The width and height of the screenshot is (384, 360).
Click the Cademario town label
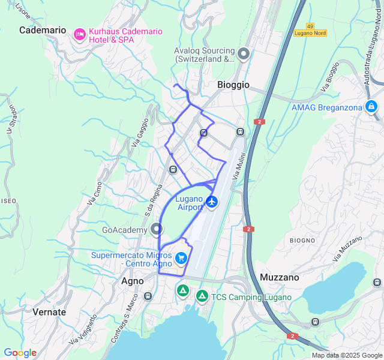point(43,30)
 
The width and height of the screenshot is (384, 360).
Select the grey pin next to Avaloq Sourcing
point(244,54)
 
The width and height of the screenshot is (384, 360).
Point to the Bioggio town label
point(233,85)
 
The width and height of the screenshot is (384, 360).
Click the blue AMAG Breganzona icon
point(371,107)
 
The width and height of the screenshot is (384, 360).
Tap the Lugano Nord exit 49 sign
point(310,30)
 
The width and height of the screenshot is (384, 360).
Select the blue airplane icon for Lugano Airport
point(212,202)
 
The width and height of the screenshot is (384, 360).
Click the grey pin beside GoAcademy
point(157,229)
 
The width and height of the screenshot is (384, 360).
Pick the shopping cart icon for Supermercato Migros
point(181,259)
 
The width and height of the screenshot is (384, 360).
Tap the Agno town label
point(133,281)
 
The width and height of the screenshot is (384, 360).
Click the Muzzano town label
point(280,277)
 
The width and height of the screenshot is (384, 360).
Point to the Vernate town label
point(49,312)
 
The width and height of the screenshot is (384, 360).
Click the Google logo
point(20,353)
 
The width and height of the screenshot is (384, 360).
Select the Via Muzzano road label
point(349,248)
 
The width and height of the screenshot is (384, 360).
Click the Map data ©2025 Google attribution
point(347,355)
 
